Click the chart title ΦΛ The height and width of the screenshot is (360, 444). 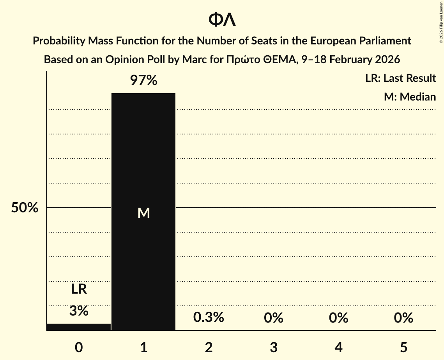tap(222, 19)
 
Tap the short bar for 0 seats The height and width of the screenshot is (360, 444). tap(78, 327)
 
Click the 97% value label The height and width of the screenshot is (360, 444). tap(143, 81)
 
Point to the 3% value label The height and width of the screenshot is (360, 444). tap(79, 311)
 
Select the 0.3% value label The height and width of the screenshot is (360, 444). tap(209, 318)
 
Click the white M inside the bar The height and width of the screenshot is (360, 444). tap(144, 213)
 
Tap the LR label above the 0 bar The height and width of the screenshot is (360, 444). tap(79, 289)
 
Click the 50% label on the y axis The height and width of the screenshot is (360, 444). tap(25, 208)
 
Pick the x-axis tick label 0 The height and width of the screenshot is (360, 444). tap(79, 347)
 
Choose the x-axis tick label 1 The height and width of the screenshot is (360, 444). tap(143, 347)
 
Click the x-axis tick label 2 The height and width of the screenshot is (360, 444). tap(209, 347)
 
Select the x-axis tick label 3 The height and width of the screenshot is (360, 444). tap(274, 347)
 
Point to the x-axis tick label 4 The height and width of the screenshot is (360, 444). tap(338, 347)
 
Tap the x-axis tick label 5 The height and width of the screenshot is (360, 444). tap(403, 347)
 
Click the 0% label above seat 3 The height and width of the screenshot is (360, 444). tap(274, 318)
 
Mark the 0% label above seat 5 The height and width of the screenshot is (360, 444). tap(403, 318)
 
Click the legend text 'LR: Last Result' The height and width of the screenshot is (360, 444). tap(400, 78)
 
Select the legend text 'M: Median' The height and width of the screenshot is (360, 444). tap(410, 97)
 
